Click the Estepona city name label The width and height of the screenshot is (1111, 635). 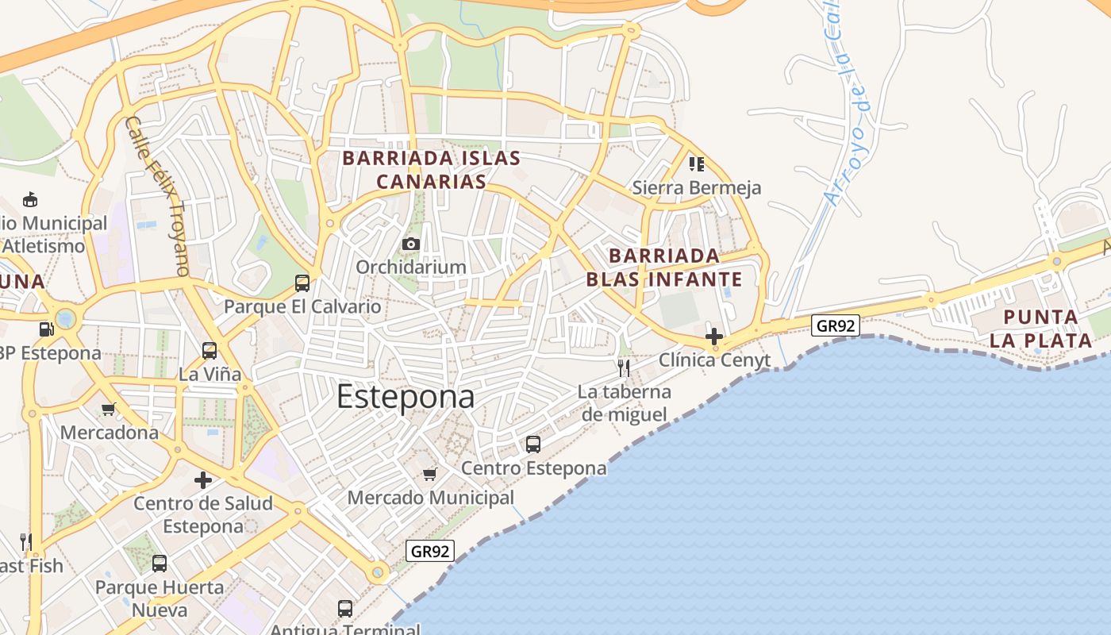tap(406, 396)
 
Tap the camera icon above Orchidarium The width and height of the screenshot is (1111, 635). tap(411, 244)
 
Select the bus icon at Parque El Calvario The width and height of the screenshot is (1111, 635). tap(302, 283)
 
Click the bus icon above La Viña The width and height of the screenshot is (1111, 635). tap(210, 351)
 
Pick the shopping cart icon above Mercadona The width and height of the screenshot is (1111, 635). tap(109, 410)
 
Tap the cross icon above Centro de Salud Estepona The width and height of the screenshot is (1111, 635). tap(203, 480)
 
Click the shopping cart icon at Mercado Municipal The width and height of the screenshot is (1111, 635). tap(430, 475)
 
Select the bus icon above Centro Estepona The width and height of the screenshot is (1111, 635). tap(533, 444)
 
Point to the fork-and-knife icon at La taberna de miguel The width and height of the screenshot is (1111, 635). tap(624, 368)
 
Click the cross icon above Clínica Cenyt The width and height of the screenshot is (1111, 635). tap(714, 336)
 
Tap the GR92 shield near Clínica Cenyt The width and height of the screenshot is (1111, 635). tap(836, 325)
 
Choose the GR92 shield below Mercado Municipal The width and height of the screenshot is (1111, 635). tap(430, 551)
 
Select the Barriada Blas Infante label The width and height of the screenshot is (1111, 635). tap(664, 267)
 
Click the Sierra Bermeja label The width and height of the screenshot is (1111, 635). tap(696, 188)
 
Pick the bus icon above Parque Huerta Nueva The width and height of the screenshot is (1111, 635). tap(160, 564)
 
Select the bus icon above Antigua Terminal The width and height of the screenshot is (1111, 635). tap(345, 609)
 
